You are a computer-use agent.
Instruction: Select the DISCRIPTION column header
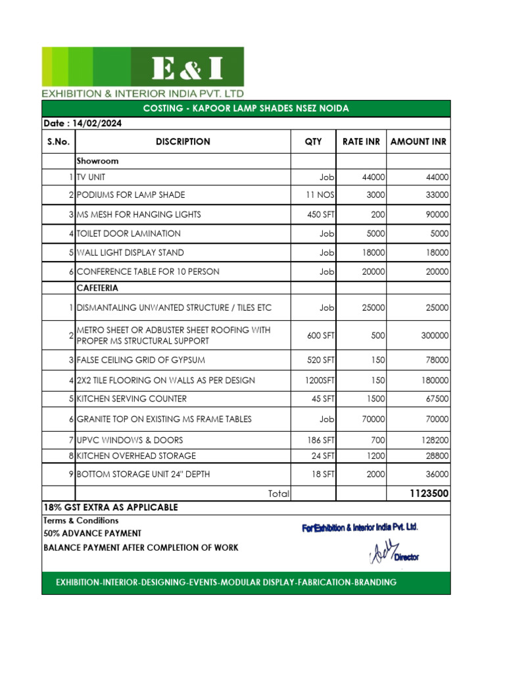click(183, 141)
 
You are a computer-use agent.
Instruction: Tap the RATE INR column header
click(361, 141)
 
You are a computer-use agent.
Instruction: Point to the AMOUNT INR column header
click(418, 141)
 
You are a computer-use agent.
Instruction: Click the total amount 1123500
click(429, 494)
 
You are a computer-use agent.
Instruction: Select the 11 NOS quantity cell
click(320, 195)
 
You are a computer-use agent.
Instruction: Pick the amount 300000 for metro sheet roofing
click(435, 335)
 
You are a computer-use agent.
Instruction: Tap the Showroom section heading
click(97, 160)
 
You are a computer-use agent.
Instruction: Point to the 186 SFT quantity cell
click(320, 440)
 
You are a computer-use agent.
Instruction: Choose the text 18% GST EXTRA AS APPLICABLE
click(110, 508)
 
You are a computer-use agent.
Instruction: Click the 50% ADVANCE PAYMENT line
click(92, 534)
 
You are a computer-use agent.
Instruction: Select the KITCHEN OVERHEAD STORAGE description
click(136, 455)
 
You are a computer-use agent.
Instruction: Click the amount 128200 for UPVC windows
click(435, 440)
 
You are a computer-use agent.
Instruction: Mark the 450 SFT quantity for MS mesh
click(320, 215)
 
